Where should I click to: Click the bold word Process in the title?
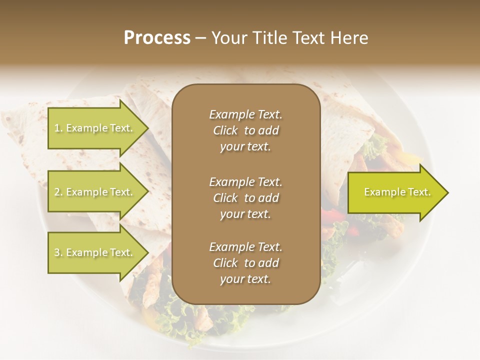(157, 38)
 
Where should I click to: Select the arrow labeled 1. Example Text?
(95, 128)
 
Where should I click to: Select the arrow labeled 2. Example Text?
(95, 192)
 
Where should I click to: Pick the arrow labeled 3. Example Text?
(95, 252)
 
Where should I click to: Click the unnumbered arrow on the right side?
(395, 192)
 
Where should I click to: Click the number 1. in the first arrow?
(58, 128)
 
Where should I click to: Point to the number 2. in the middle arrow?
(58, 192)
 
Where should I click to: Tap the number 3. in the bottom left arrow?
(58, 252)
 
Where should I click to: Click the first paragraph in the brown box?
(245, 130)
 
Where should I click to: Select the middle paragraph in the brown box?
(245, 197)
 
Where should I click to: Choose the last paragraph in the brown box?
(245, 263)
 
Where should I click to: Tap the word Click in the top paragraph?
(225, 130)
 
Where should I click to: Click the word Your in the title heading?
(228, 38)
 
